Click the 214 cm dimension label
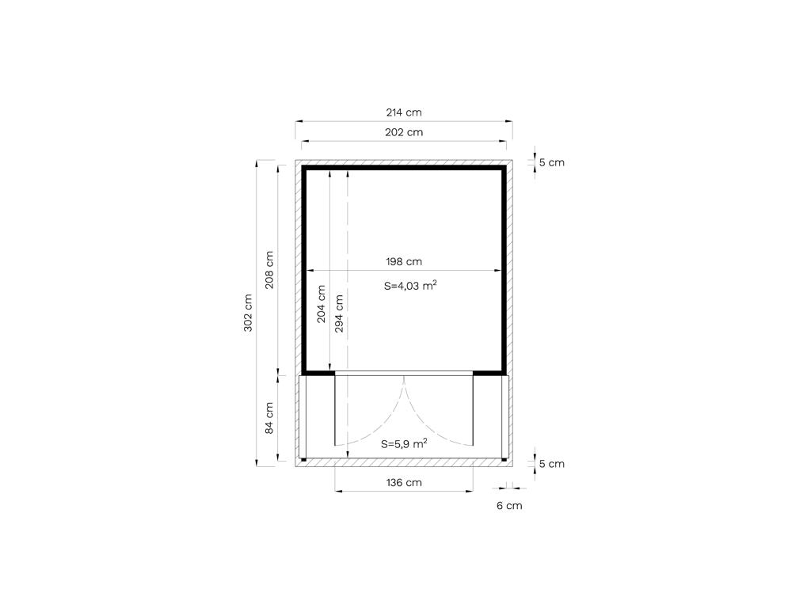[403, 112]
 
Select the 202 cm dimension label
[403, 132]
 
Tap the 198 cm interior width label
[403, 261]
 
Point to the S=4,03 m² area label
[410, 285]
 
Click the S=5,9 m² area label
[404, 443]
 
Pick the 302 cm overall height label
[248, 313]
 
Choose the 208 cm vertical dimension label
[269, 270]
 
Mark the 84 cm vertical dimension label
[269, 418]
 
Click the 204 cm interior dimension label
[322, 304]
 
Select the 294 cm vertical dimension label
[339, 313]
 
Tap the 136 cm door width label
[403, 482]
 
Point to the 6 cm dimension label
[509, 506]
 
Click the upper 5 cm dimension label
[551, 162]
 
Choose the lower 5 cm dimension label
[551, 464]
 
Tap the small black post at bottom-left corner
[303, 459]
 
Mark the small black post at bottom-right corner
[504, 459]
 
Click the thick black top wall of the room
[404, 168]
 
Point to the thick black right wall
[503, 269]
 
